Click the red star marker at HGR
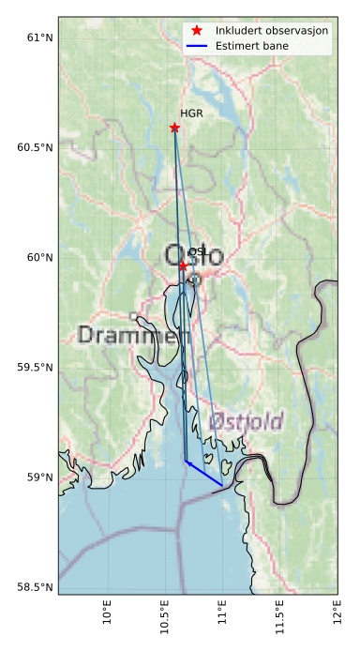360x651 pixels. click(x=174, y=128)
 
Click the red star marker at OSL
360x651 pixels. click(x=184, y=265)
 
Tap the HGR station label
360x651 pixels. click(x=191, y=114)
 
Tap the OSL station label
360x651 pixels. click(x=198, y=252)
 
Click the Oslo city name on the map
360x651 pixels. click(x=194, y=255)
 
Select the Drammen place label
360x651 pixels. click(x=127, y=335)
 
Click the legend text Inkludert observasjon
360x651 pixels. click(x=271, y=31)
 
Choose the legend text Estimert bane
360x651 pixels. click(x=251, y=46)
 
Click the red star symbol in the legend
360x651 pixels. click(x=196, y=31)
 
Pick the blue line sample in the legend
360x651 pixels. click(x=196, y=46)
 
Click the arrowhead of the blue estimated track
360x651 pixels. click(x=187, y=462)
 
